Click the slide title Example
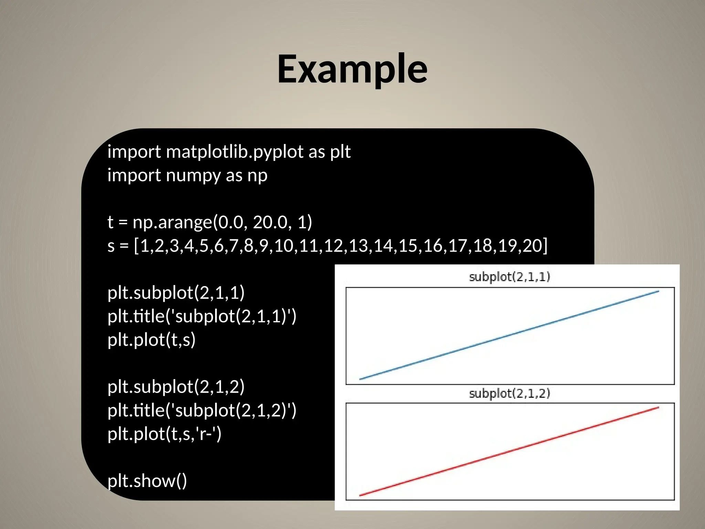tap(352, 69)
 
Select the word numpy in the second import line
tap(193, 175)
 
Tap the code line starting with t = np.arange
tap(209, 222)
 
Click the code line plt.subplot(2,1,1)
tap(176, 293)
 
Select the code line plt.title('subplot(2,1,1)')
tap(202, 316)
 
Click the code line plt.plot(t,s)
tap(151, 340)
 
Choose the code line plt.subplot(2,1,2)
tap(176, 387)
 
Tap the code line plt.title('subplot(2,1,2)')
tap(202, 410)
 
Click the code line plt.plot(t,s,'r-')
tap(165, 434)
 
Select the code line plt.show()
tap(147, 481)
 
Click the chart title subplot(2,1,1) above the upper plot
tap(509, 277)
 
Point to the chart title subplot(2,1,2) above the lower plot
tap(509, 393)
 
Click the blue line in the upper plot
tap(509, 335)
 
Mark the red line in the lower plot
tap(509, 451)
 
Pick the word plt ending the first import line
tap(340, 152)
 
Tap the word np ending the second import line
tap(257, 175)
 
